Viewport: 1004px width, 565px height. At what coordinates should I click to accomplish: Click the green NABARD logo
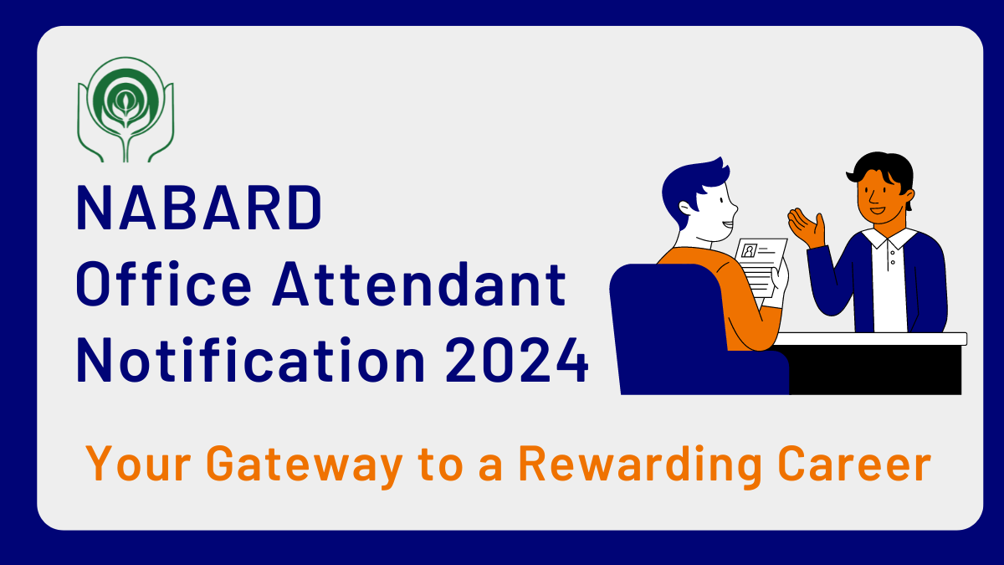click(125, 110)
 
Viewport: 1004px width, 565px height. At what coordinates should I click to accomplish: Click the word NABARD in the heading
click(199, 208)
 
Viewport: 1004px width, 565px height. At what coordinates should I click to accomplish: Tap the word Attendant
click(419, 284)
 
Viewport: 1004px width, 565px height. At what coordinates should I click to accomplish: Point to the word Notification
click(250, 359)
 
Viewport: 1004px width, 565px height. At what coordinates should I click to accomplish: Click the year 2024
click(517, 360)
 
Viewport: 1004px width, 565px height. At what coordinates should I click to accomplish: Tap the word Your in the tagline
click(139, 464)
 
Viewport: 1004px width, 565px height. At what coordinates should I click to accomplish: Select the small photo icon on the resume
click(749, 250)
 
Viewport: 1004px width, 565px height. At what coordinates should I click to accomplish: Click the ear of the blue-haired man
click(686, 208)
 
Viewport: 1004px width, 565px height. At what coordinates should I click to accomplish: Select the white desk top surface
click(869, 338)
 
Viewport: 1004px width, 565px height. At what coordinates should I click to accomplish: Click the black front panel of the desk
click(875, 370)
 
